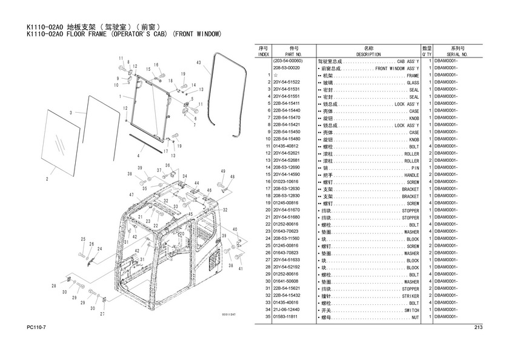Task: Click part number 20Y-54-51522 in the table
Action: [x=288, y=82]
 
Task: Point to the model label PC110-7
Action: [x=38, y=328]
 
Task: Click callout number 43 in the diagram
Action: [x=198, y=63]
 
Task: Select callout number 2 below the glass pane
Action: [x=46, y=179]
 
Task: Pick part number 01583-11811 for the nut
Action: [x=288, y=317]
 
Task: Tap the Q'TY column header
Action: [x=427, y=54]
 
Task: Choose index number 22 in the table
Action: [x=267, y=224]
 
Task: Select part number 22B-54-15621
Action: [x=288, y=288]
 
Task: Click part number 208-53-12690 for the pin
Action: [x=288, y=168]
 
